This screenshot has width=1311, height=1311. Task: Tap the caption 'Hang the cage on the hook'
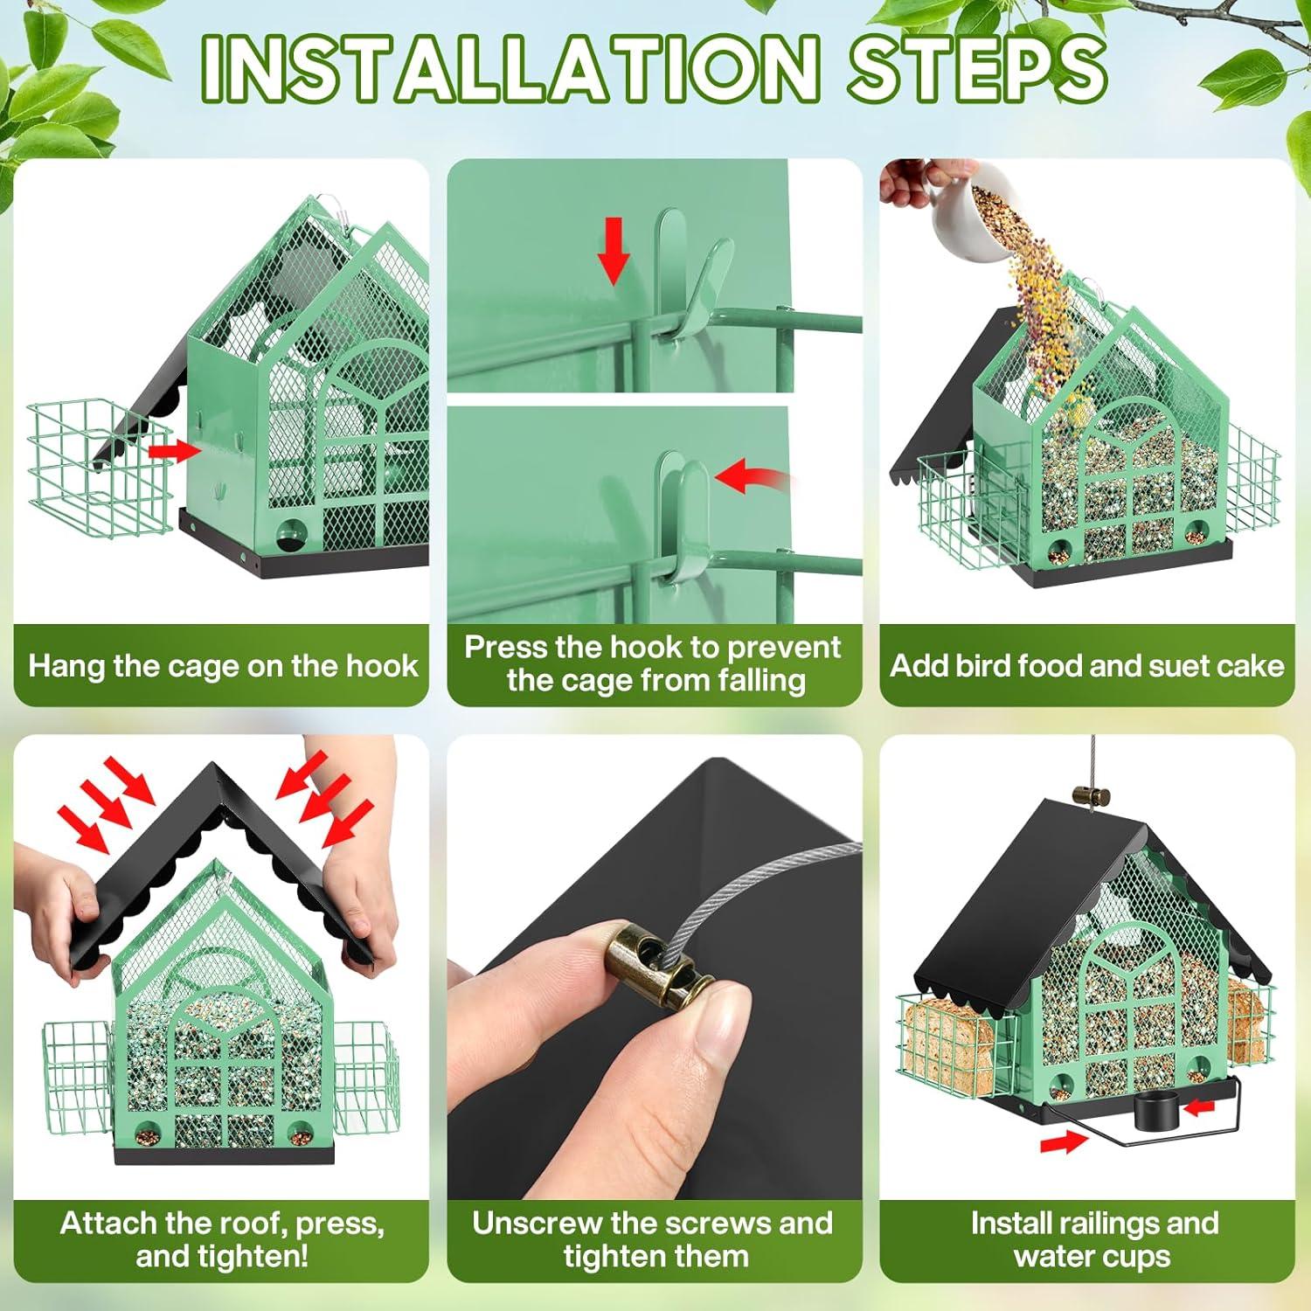click(x=223, y=666)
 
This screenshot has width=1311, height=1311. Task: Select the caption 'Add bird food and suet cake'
click(x=1087, y=666)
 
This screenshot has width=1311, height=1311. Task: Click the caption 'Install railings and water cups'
click(x=1093, y=1239)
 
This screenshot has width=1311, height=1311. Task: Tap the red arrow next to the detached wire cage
click(x=174, y=451)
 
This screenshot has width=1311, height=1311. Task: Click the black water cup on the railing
click(x=1154, y=1113)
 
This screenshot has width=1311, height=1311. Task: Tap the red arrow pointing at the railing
click(x=1065, y=1140)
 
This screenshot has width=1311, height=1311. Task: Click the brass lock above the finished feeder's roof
click(x=1091, y=795)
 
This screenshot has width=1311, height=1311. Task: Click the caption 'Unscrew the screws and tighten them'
click(x=653, y=1239)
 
